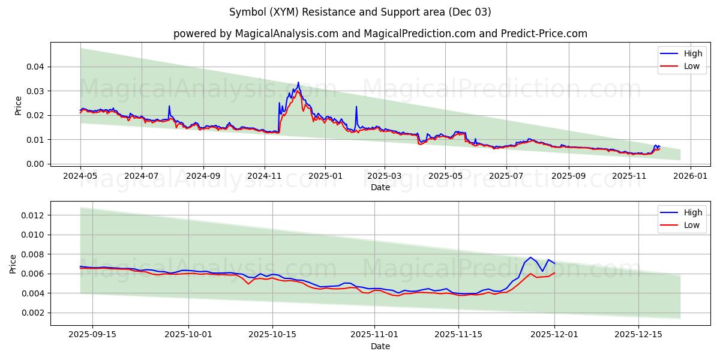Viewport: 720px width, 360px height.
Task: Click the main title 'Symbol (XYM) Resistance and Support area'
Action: [x=360, y=12]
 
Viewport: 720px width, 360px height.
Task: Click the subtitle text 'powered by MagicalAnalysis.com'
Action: [x=256, y=34]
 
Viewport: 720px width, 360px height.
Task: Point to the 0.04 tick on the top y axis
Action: [x=35, y=67]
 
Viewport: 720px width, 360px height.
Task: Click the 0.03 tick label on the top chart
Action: [x=35, y=91]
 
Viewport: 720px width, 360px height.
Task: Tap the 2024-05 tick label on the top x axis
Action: [x=80, y=176]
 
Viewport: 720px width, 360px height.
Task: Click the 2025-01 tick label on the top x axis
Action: [x=325, y=176]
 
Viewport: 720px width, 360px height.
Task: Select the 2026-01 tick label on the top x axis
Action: [x=690, y=176]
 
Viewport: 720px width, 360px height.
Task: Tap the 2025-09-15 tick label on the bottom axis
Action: [x=92, y=335]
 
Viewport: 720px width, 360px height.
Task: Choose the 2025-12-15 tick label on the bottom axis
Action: [x=638, y=335]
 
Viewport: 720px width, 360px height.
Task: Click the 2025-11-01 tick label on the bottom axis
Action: [x=374, y=335]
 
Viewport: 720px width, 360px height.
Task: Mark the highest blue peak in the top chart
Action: [x=298, y=82]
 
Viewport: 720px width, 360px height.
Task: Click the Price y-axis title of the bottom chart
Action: [x=14, y=264]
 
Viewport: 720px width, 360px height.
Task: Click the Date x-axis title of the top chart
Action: [x=380, y=187]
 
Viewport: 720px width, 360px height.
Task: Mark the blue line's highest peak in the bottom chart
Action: [x=530, y=257]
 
